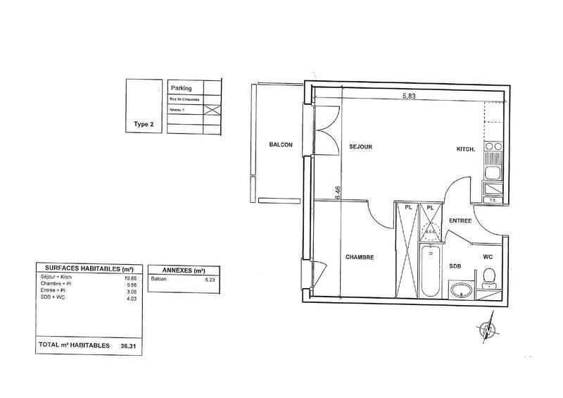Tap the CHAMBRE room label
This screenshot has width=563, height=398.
pyautogui.click(x=360, y=257)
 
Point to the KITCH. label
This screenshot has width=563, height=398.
pyautogui.click(x=466, y=149)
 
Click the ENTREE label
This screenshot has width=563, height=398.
pyautogui.click(x=461, y=221)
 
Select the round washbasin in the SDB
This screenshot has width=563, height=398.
pyautogui.click(x=462, y=290)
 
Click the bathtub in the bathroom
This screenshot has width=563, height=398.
pyautogui.click(x=429, y=271)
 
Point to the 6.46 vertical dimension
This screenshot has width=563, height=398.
pyautogui.click(x=339, y=192)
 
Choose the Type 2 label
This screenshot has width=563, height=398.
pyautogui.click(x=144, y=124)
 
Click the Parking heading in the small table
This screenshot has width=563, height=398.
pyautogui.click(x=182, y=88)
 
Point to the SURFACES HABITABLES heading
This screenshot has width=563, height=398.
pyautogui.click(x=89, y=269)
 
